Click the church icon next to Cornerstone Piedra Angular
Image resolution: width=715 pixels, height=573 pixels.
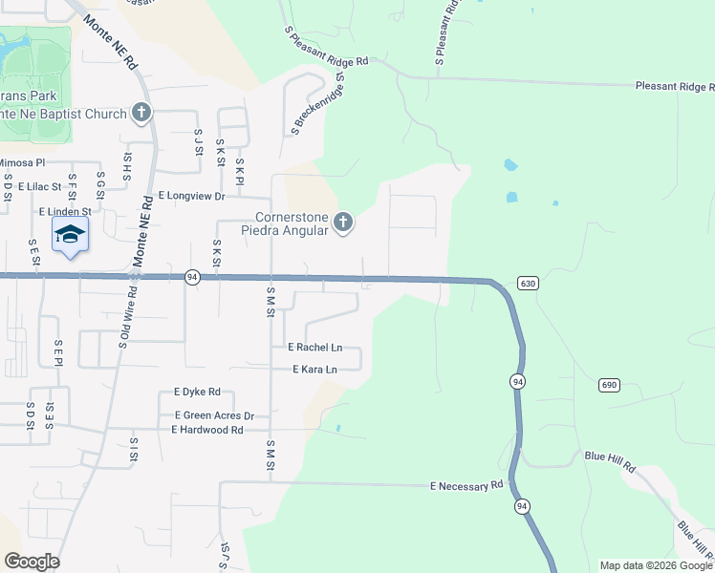[x=343, y=224]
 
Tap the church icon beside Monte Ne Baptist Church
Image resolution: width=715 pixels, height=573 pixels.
[x=141, y=114]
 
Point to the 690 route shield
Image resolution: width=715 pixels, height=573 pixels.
[x=610, y=385]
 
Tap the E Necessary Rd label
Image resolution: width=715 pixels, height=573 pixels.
[x=466, y=486]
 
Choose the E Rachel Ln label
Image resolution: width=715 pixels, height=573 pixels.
[x=314, y=348]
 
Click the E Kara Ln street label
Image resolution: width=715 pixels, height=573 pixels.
[x=315, y=370]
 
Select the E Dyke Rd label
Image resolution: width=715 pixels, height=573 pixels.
[x=197, y=392]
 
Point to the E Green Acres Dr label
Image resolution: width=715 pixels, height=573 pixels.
[x=214, y=415]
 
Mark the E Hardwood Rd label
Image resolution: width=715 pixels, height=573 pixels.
[x=207, y=430]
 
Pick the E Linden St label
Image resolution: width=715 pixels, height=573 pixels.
[x=65, y=211]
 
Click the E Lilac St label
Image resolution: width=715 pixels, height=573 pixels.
[x=39, y=187]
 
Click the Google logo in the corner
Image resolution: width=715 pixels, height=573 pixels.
[x=32, y=562]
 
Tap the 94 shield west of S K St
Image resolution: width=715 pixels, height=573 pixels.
[x=193, y=277]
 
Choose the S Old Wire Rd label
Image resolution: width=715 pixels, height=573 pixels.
[x=123, y=327]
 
